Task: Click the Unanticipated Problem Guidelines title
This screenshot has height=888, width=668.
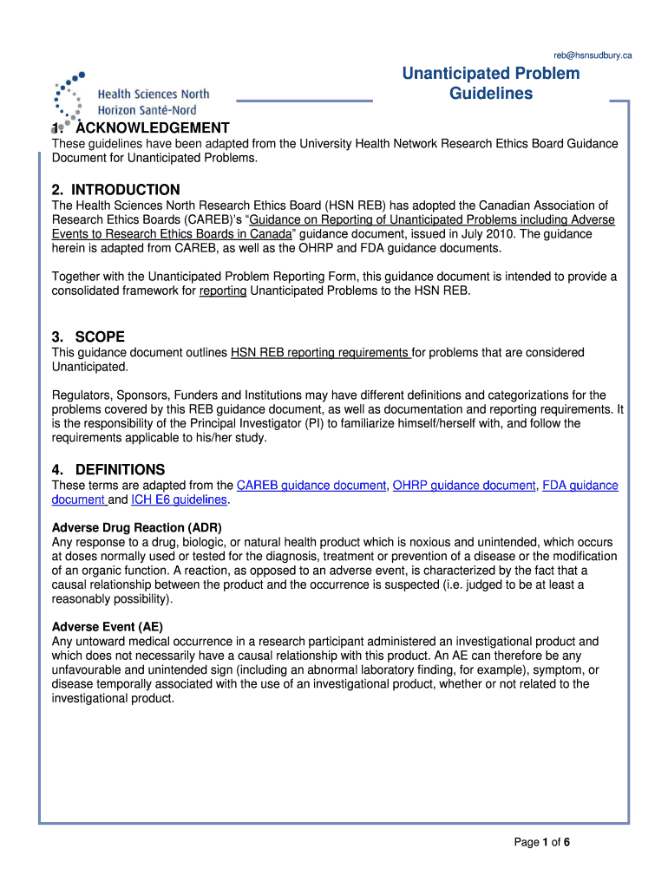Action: (490, 83)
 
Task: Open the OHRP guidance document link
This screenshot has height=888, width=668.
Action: (464, 486)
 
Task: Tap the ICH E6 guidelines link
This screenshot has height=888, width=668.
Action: (179, 500)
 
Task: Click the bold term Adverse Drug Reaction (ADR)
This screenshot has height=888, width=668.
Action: (136, 527)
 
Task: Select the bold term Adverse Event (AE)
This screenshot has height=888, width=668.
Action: (108, 626)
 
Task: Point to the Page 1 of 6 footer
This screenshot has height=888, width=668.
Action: (541, 842)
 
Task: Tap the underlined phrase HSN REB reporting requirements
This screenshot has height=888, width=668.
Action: (319, 352)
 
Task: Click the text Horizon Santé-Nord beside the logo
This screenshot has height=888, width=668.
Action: (147, 110)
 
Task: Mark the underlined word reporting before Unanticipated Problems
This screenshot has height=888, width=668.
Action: (223, 291)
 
